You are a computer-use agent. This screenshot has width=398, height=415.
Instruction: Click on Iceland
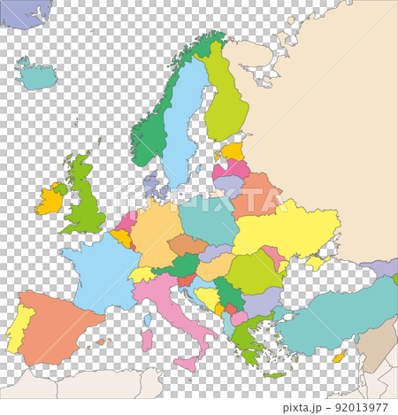point(36,77)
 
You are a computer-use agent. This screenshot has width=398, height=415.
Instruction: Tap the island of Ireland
point(50,201)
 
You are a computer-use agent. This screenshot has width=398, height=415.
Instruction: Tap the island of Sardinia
point(147,339)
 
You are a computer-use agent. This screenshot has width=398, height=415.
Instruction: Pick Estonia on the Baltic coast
point(233,151)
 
